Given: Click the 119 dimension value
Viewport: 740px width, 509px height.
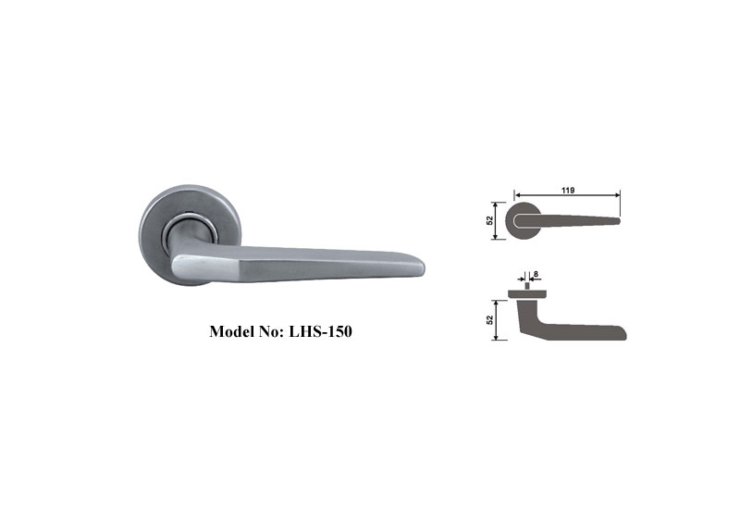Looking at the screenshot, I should [x=567, y=190].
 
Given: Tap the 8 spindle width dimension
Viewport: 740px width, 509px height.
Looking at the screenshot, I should [x=535, y=274].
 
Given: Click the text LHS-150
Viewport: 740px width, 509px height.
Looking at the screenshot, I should [x=318, y=330].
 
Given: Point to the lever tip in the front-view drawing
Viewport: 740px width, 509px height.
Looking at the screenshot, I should [x=617, y=220].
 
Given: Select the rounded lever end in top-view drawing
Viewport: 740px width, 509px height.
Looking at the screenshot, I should [x=623, y=332].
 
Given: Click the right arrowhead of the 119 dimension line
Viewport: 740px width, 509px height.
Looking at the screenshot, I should [x=618, y=195].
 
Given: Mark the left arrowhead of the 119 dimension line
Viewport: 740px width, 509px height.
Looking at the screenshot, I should [x=515, y=195].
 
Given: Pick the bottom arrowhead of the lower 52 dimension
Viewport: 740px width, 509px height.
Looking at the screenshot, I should [x=497, y=338].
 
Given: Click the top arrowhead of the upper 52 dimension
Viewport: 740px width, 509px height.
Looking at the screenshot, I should [x=497, y=204].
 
